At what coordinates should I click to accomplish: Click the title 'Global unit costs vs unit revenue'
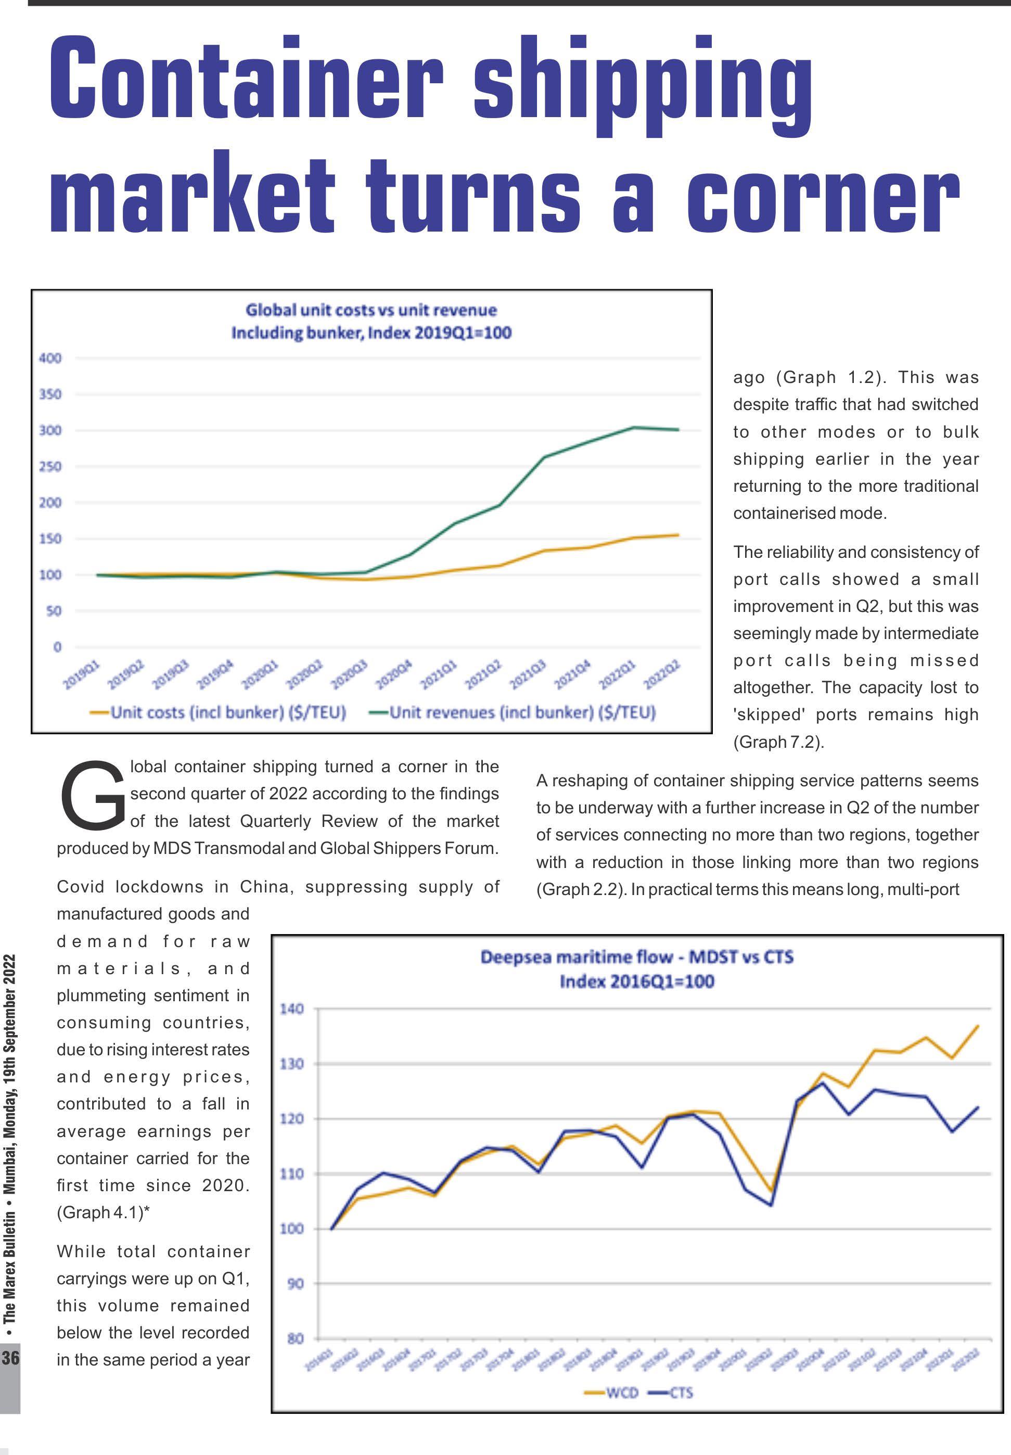(371, 310)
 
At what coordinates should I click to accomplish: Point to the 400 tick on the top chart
(50, 359)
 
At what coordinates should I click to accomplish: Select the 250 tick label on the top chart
(50, 467)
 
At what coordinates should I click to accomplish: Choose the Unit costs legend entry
(219, 712)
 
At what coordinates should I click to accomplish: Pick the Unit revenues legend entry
(513, 712)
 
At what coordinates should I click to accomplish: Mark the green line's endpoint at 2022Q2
(679, 429)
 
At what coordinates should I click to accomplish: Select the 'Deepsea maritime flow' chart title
(637, 956)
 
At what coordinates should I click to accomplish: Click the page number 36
(10, 1358)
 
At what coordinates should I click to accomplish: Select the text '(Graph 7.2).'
(778, 742)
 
